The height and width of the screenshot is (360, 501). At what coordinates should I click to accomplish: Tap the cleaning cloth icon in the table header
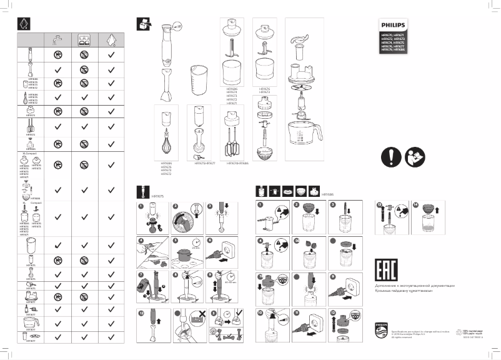coord(111,38)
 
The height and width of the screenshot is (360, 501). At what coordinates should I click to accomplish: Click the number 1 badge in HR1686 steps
coord(260,204)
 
